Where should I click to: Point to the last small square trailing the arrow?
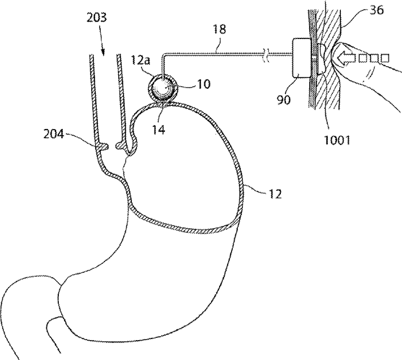(386, 57)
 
